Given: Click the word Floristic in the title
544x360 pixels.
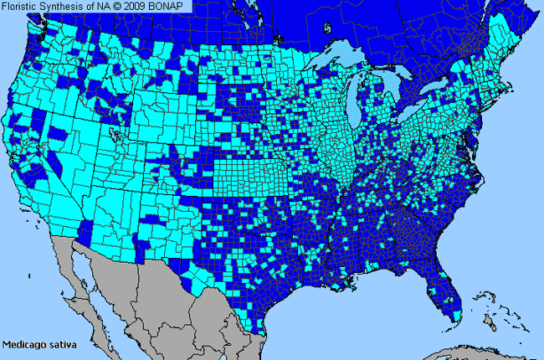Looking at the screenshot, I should coord(22,7).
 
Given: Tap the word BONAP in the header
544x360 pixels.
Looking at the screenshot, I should coord(174,7).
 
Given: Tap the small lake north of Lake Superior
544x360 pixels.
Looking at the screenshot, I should coord(329,28).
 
